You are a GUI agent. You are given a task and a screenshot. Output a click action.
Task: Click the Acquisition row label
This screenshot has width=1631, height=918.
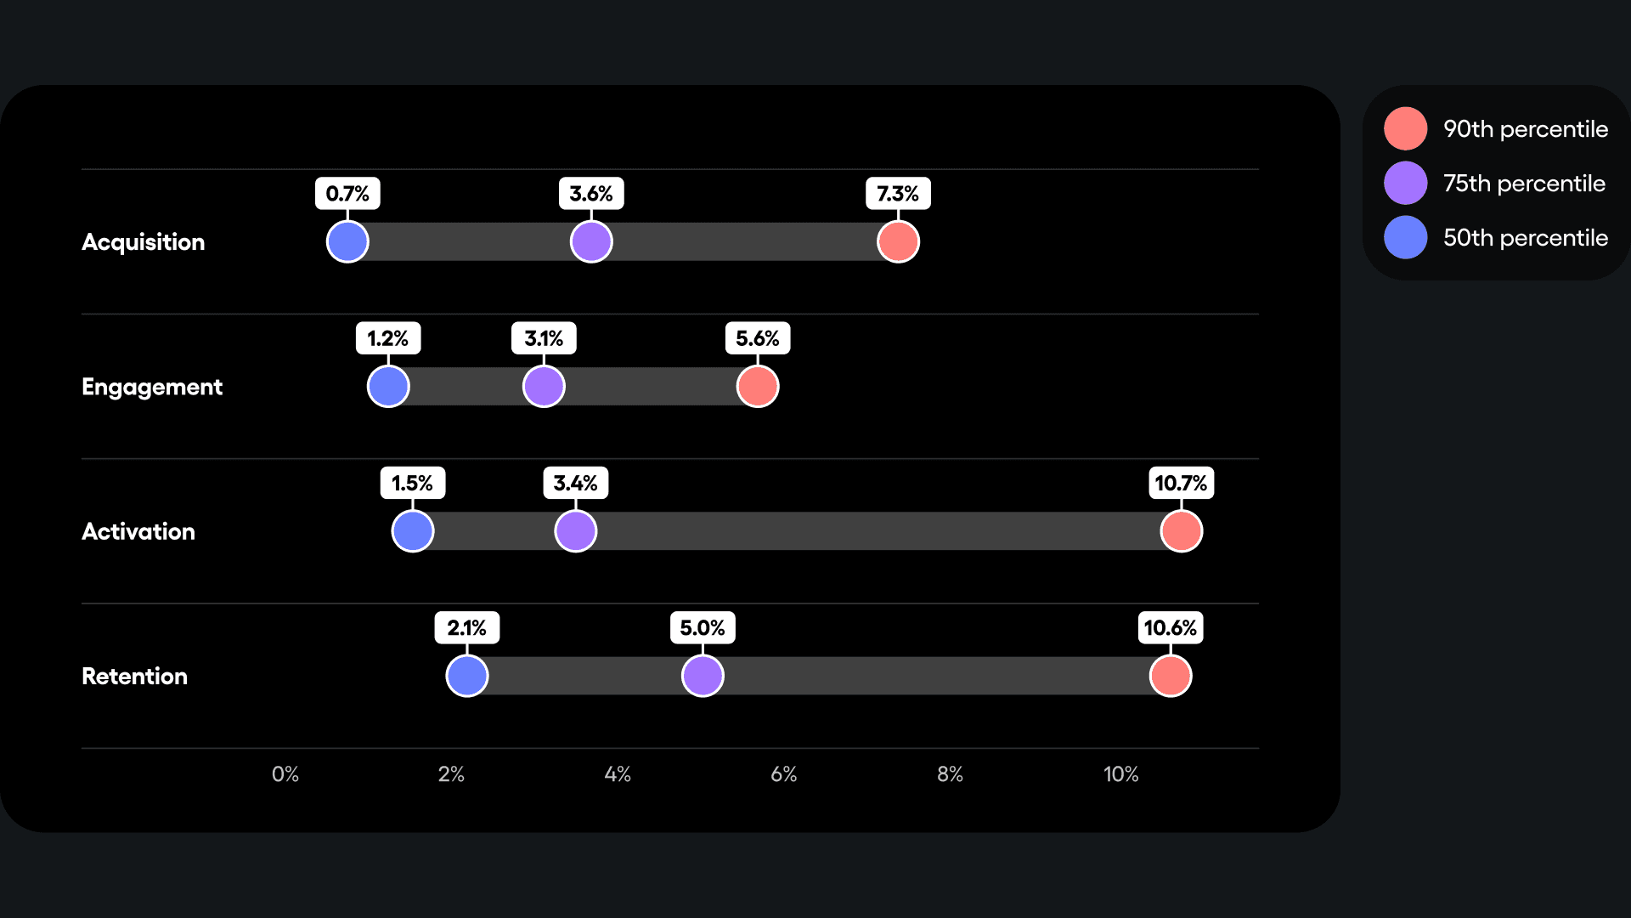point(143,242)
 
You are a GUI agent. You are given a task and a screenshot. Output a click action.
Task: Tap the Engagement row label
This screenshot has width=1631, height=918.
point(152,387)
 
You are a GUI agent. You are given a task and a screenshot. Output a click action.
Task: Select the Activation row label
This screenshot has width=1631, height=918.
point(138,531)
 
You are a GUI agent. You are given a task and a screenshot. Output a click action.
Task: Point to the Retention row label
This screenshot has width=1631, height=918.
point(134,676)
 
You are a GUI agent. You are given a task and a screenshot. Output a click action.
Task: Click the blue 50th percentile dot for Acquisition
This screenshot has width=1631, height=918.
point(347,241)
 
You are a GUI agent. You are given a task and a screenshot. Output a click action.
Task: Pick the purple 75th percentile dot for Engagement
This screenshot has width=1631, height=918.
point(544,387)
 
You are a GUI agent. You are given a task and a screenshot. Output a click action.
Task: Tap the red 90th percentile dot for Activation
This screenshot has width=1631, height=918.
point(1181,531)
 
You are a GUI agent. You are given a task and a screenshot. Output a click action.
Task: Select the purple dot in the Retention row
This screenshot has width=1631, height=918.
point(703,676)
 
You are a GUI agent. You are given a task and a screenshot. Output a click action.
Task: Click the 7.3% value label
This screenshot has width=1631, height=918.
point(898,194)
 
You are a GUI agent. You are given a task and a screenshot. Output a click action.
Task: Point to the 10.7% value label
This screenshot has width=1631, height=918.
point(1181,483)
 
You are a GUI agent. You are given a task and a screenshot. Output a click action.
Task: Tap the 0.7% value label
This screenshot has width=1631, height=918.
point(347,194)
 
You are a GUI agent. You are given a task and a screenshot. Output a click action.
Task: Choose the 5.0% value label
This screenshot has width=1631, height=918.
point(703,627)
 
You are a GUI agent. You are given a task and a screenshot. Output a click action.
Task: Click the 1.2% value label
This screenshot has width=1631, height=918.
point(388,338)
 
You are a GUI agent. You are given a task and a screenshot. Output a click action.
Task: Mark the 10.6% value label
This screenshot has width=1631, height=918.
point(1170,627)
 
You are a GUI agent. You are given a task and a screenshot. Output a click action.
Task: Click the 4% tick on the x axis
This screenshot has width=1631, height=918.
point(618,774)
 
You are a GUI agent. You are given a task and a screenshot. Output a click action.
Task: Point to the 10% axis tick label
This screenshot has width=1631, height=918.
point(1120,774)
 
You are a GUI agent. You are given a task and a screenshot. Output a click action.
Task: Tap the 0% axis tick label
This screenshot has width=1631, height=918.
point(285,774)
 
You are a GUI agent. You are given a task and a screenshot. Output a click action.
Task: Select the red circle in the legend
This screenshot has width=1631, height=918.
point(1405,128)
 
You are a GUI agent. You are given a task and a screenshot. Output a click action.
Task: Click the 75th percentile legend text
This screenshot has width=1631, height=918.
point(1524,184)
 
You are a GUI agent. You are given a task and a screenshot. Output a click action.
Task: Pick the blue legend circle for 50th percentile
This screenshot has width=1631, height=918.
point(1405,237)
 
